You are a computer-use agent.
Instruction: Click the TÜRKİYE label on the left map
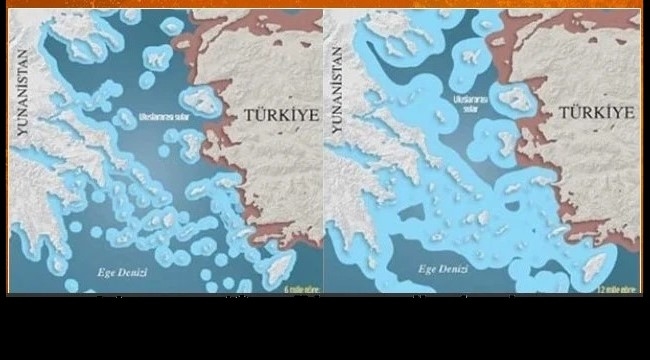pos(281,116)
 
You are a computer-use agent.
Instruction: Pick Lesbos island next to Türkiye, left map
pos(202,97)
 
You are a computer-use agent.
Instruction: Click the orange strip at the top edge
pos(325,4)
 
